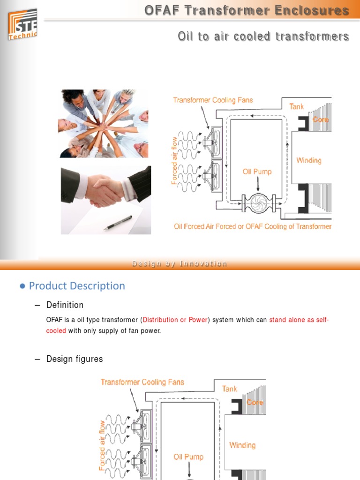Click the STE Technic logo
(22, 24)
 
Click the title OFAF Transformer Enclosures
(247, 11)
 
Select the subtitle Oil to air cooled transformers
(263, 36)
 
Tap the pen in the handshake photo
(118, 223)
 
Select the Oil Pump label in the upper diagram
(257, 172)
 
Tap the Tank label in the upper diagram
(296, 106)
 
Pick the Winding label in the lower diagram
(242, 445)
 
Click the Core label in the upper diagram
(321, 120)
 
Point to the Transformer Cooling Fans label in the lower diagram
(142, 382)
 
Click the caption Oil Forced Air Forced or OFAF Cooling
(253, 226)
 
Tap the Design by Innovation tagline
(180, 263)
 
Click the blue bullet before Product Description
(22, 286)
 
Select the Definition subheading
(65, 305)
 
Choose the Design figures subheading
(74, 359)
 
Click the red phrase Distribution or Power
(175, 320)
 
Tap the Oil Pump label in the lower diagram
(188, 456)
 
